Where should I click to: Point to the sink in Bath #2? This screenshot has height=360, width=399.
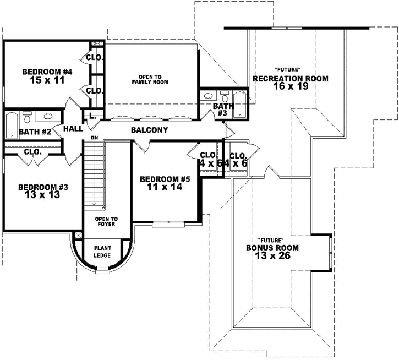48,117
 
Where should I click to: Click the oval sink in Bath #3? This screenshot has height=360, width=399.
223,95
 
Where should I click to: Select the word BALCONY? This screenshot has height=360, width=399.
149,130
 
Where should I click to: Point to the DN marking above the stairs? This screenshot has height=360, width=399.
94,138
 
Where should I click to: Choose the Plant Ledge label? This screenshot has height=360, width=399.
102,252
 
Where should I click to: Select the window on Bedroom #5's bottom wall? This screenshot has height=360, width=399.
165,223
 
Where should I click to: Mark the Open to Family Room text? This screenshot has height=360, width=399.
150,79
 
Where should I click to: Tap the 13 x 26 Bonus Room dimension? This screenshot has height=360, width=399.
272,257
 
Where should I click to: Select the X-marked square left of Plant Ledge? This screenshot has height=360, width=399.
78,236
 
